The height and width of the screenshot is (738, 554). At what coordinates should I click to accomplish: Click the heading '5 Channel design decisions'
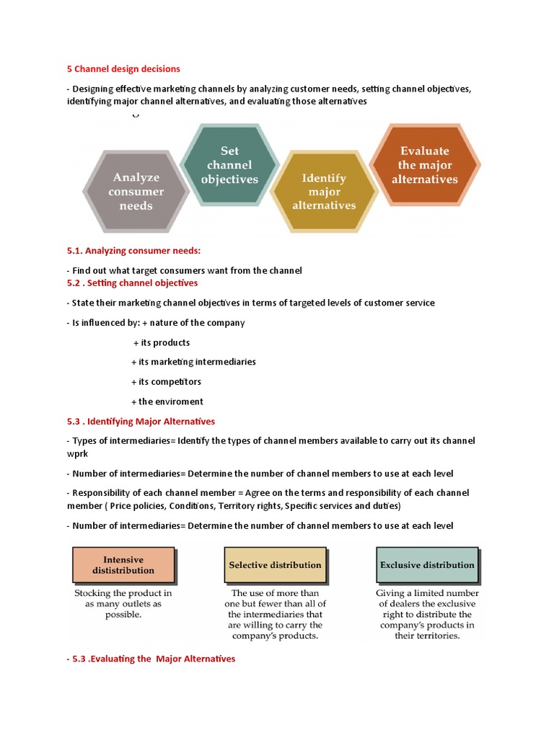(123, 68)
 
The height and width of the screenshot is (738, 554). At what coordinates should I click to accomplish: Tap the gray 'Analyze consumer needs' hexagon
(136, 191)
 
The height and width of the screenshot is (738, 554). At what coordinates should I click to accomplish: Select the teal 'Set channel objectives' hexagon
(229, 165)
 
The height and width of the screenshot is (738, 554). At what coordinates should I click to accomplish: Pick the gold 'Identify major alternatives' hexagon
(324, 191)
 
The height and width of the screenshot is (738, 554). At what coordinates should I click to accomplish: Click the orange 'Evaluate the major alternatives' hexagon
(425, 165)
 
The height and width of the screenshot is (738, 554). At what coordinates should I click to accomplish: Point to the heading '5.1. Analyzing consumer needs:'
(133, 251)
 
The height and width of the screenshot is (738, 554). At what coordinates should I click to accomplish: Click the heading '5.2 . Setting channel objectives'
(132, 283)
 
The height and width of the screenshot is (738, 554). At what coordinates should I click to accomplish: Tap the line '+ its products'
(162, 342)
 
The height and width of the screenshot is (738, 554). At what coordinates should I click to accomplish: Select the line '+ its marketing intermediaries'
(193, 362)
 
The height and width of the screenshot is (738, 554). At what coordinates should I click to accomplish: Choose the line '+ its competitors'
(166, 381)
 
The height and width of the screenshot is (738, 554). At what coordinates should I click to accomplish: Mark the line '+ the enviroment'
(167, 401)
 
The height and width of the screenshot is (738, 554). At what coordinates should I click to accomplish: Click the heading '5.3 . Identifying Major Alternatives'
(141, 421)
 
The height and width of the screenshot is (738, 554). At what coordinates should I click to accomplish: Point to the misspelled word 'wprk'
(78, 454)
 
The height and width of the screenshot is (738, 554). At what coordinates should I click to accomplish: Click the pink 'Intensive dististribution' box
(123, 565)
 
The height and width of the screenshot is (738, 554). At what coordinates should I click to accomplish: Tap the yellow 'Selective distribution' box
(275, 565)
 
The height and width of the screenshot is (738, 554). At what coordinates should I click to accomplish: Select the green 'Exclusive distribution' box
(427, 565)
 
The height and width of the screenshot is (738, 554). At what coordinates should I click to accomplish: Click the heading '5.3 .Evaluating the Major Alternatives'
(154, 659)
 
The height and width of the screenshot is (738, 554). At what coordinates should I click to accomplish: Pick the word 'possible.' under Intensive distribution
(123, 615)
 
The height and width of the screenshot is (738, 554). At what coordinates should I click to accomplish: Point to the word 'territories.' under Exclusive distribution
(427, 636)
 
